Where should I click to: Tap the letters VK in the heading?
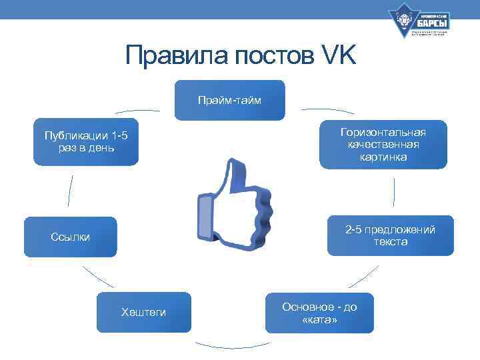[x=338, y=56]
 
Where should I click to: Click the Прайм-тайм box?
[x=229, y=100]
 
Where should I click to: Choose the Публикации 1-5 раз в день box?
[x=86, y=141]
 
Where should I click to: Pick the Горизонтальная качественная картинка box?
[x=383, y=144]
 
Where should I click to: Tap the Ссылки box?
[x=70, y=237]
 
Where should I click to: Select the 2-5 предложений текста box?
[x=390, y=235]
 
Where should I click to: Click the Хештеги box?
[x=143, y=312]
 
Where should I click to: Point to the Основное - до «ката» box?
[x=319, y=313]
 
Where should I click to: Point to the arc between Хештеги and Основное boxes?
[x=232, y=345]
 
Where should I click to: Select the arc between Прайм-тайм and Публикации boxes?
[x=137, y=111]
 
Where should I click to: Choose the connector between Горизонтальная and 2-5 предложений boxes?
[x=394, y=192]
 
